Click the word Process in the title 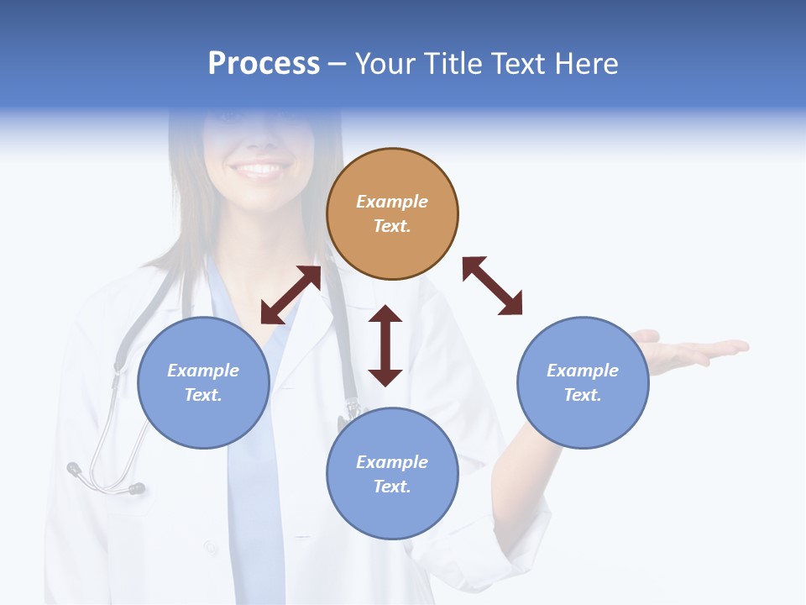[x=264, y=64]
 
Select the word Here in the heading [x=587, y=64]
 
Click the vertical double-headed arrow [x=385, y=345]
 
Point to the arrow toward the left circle [x=290, y=295]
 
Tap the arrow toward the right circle [x=492, y=286]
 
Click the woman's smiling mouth [x=259, y=170]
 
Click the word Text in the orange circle [x=391, y=226]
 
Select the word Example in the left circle [x=203, y=371]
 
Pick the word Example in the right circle [x=583, y=371]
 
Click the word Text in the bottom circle [x=391, y=487]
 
